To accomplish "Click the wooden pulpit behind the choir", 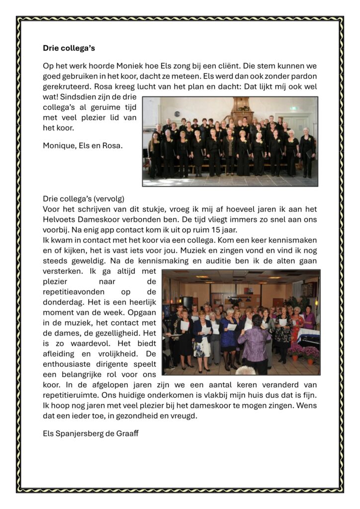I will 244,108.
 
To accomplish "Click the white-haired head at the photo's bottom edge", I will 245,370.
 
